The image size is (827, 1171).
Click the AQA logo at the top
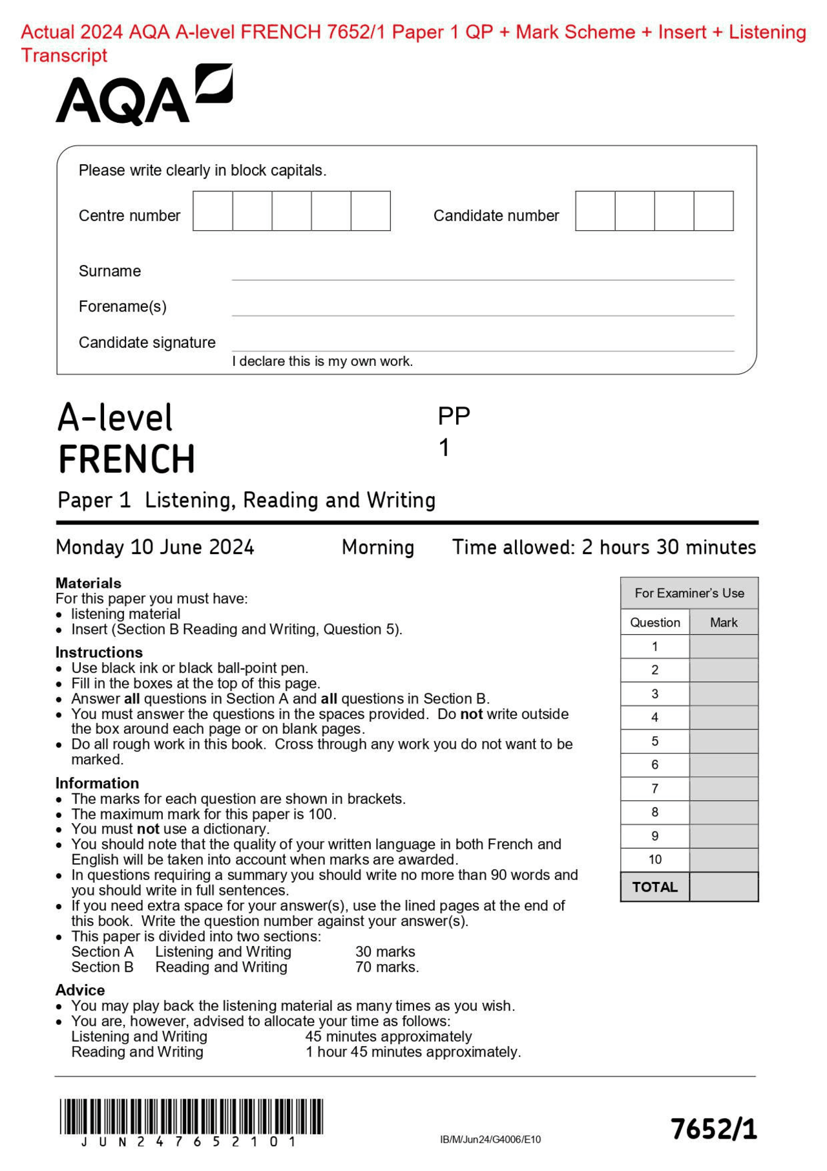point(143,96)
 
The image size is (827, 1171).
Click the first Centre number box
point(213,211)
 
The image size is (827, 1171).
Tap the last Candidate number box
point(713,211)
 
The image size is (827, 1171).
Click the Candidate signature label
point(147,343)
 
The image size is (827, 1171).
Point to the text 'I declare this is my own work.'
point(322,361)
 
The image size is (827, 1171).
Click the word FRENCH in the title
point(127,460)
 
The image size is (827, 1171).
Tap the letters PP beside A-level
point(454,416)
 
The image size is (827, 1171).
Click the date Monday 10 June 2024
point(155,548)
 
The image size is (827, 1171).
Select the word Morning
point(378,548)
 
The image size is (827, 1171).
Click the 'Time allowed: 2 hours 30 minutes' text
point(603,548)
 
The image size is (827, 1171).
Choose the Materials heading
point(89,583)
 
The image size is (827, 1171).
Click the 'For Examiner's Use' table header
point(689,593)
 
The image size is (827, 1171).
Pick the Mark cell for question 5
point(724,741)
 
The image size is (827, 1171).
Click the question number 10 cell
point(654,859)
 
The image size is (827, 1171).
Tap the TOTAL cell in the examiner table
point(654,887)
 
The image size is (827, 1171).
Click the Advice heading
point(80,990)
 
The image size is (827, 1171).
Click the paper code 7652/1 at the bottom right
point(713,1129)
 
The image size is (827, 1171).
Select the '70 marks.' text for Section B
point(387,967)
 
